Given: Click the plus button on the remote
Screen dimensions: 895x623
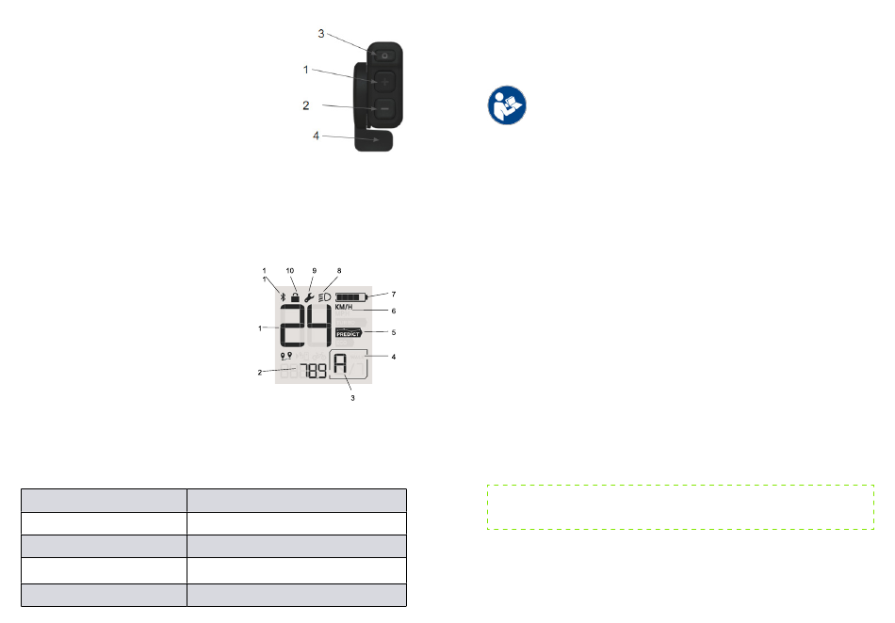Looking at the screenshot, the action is point(384,82).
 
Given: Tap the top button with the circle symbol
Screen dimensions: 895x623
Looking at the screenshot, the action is point(384,56).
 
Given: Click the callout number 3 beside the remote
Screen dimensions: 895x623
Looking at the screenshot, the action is point(320,34).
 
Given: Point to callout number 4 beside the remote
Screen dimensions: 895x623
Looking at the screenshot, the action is point(316,136).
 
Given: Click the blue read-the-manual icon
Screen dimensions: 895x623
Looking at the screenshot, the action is point(507,105).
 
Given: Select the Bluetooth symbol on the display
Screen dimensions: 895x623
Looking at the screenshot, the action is point(283,297).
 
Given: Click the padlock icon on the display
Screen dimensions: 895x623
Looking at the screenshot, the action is point(295,297).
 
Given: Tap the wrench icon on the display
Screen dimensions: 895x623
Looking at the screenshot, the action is point(309,297).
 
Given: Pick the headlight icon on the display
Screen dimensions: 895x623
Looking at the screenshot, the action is point(325,297).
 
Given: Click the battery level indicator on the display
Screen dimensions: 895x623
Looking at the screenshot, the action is point(351,297).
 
